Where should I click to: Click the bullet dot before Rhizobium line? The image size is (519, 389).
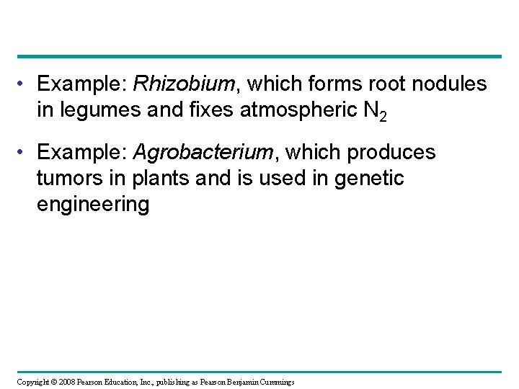coord(25,85)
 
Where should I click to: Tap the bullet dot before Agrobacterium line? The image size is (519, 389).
coord(25,153)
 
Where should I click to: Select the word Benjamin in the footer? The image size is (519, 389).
coord(238,381)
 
